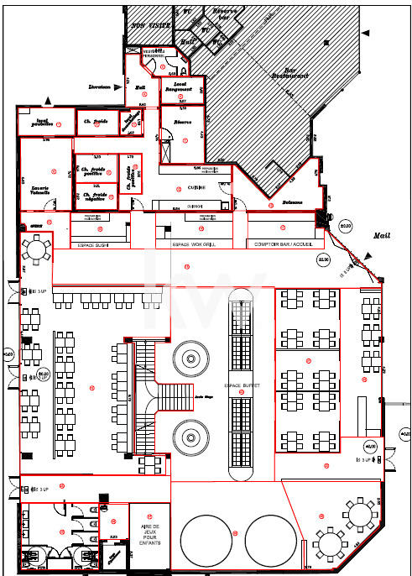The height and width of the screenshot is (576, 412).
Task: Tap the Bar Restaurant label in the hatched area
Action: tap(290, 73)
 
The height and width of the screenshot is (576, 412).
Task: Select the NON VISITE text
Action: tap(148, 26)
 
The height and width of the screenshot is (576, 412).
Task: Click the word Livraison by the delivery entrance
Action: tap(101, 86)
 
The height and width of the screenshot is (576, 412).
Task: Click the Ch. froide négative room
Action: tap(93, 197)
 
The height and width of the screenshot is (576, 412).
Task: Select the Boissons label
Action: tap(292, 202)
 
